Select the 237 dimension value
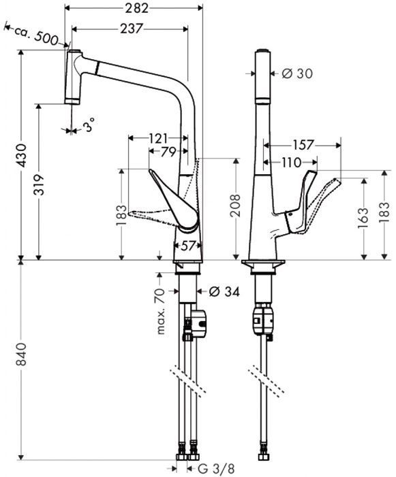[130, 28]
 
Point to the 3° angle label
[89, 125]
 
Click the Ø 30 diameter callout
[294, 73]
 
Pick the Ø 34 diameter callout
[222, 292]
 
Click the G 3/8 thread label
[216, 468]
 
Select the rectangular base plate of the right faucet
[263, 263]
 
